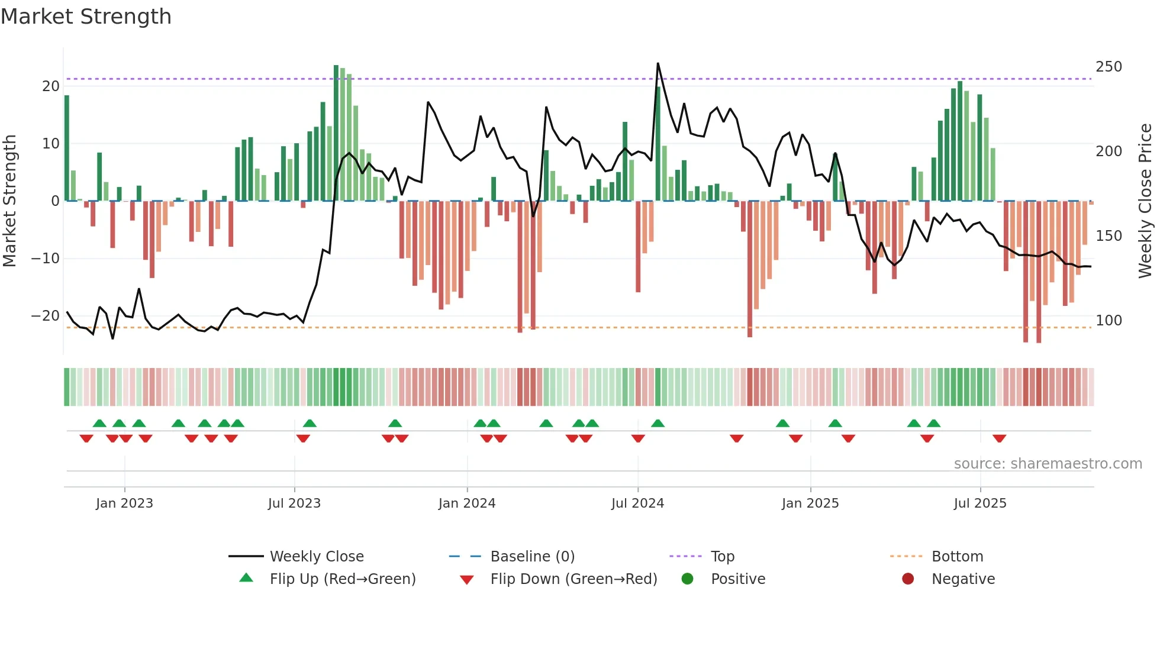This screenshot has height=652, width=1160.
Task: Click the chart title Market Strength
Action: (86, 17)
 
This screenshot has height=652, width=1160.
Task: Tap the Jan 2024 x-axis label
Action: (466, 503)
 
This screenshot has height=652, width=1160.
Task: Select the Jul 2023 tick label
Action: (294, 503)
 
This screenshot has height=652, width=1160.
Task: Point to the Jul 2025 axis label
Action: (979, 503)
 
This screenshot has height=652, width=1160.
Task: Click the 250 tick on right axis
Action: (1109, 67)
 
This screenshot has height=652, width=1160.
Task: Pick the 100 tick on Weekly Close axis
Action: (1109, 321)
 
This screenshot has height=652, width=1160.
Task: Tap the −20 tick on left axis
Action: (46, 316)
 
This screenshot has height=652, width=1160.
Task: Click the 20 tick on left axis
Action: (51, 86)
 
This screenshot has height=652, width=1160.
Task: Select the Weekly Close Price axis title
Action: (1145, 201)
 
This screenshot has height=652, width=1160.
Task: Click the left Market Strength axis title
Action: (10, 201)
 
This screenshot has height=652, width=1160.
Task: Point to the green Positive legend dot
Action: (687, 579)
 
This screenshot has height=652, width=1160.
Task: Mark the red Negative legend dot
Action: (908, 579)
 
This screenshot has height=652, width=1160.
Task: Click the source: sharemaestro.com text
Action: (1048, 464)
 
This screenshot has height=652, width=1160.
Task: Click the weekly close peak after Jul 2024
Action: (658, 63)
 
